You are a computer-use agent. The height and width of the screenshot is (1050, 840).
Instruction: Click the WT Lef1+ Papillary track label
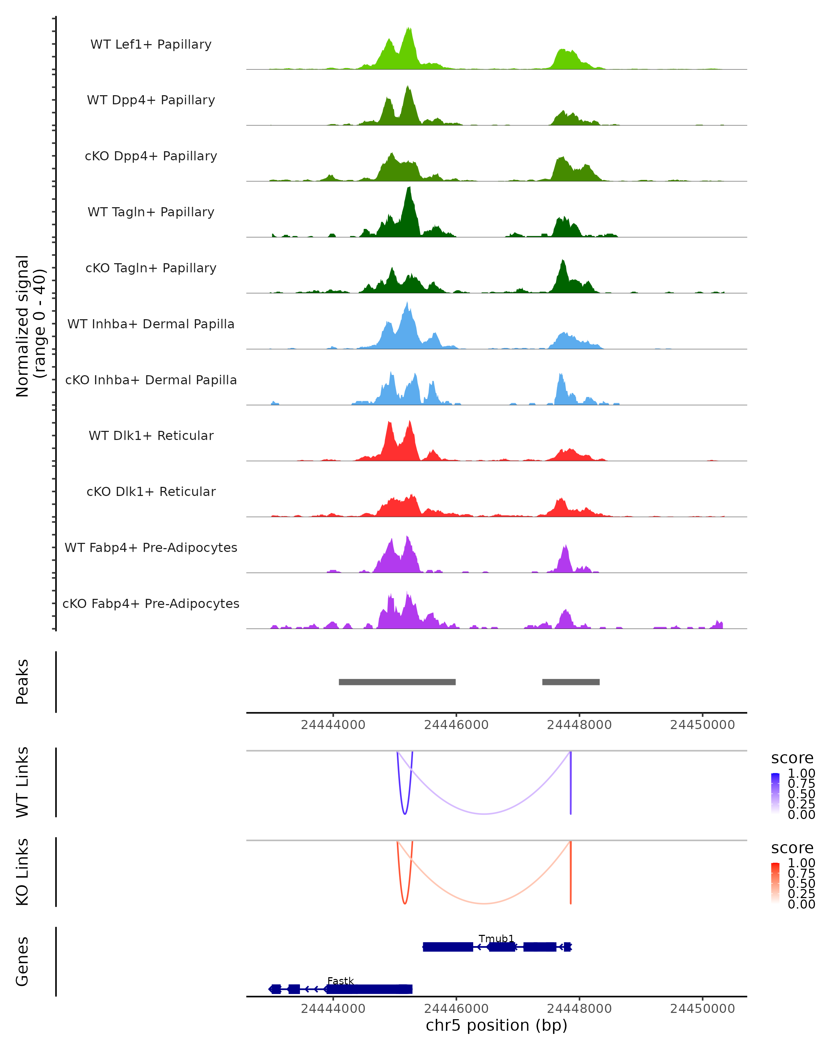pyautogui.click(x=151, y=44)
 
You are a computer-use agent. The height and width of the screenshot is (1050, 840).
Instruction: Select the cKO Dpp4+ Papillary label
pyautogui.click(x=151, y=156)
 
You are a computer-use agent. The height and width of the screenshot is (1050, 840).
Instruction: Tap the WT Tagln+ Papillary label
pyautogui.click(x=151, y=212)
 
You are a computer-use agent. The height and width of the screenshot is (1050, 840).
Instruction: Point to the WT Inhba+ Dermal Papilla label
pyautogui.click(x=151, y=324)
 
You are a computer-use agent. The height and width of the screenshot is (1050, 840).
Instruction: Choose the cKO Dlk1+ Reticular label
pyautogui.click(x=151, y=491)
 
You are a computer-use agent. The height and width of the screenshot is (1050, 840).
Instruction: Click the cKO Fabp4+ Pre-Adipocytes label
pyautogui.click(x=151, y=603)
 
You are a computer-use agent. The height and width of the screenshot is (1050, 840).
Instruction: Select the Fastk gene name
pyautogui.click(x=341, y=981)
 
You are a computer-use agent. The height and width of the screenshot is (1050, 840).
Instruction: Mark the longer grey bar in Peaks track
pyautogui.click(x=397, y=682)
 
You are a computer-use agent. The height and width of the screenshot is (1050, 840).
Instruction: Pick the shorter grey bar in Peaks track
pyautogui.click(x=571, y=682)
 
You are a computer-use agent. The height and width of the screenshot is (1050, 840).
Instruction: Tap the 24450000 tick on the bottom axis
pyautogui.click(x=702, y=1008)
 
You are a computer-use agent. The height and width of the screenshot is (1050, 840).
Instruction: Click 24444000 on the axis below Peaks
pyautogui.click(x=333, y=725)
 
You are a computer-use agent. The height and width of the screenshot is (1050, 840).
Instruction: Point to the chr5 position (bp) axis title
pyautogui.click(x=496, y=1025)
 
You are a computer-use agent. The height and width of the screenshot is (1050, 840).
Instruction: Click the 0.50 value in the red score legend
pyautogui.click(x=801, y=883)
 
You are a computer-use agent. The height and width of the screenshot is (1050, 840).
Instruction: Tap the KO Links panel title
pyautogui.click(x=22, y=872)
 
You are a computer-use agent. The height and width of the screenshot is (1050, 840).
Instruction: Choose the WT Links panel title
pyautogui.click(x=22, y=782)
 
